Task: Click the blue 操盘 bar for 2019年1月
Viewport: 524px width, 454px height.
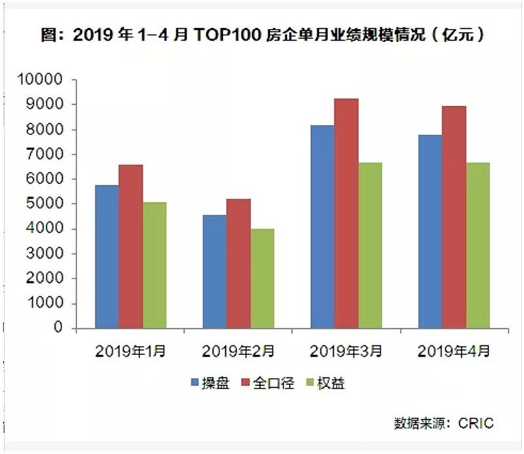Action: [x=107, y=256]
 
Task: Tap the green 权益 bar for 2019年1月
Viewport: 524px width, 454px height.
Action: [x=155, y=265]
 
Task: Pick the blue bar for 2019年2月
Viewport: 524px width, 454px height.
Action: [x=214, y=271]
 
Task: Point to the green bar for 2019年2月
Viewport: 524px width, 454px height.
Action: [x=262, y=278]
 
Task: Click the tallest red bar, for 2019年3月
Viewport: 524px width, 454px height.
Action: [x=346, y=213]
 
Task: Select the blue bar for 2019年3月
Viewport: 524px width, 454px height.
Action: [x=322, y=226]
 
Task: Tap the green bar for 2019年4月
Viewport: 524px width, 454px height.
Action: [x=477, y=245]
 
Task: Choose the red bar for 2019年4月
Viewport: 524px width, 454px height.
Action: [x=454, y=217]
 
